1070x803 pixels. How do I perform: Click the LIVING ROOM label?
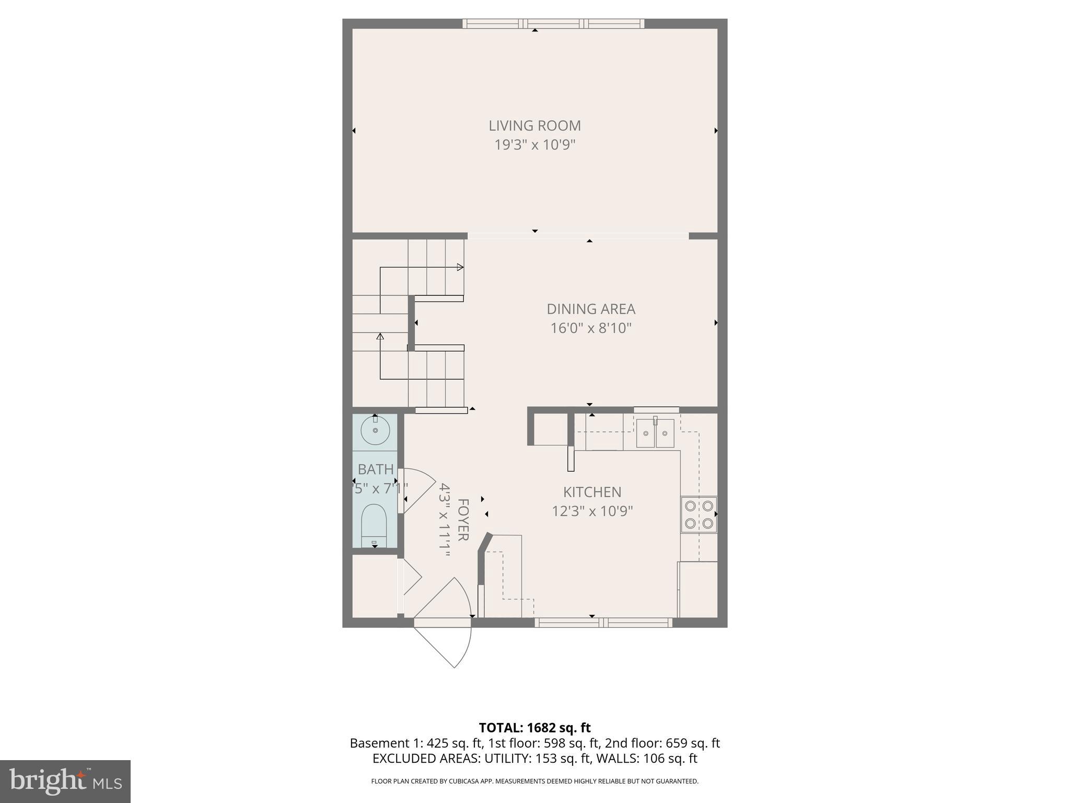click(534, 125)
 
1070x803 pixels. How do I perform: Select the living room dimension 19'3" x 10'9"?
click(534, 145)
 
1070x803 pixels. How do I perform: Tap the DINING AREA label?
click(591, 309)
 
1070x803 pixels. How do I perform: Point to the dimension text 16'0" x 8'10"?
click(591, 328)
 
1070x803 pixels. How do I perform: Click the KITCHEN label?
click(592, 492)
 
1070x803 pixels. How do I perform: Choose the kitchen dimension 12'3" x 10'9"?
click(592, 511)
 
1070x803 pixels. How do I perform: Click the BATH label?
click(375, 469)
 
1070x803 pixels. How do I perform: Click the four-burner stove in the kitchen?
click(699, 514)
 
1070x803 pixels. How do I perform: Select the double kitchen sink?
click(655, 433)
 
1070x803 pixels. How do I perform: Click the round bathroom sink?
click(375, 430)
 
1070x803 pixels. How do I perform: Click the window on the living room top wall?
click(553, 24)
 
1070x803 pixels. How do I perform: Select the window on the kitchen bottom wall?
click(603, 622)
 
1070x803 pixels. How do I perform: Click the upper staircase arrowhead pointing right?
click(460, 267)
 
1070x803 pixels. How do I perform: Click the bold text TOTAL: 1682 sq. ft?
click(534, 727)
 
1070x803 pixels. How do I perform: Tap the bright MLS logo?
click(65, 781)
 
